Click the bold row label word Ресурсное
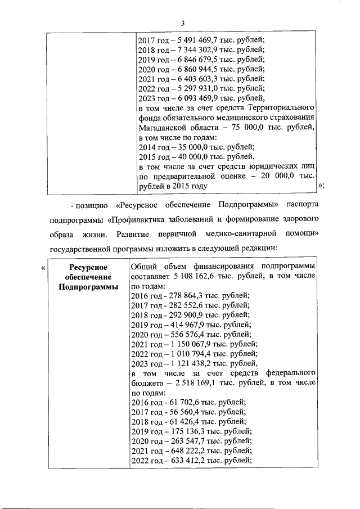tap(88, 267)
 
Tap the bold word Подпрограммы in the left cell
tap(88, 286)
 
